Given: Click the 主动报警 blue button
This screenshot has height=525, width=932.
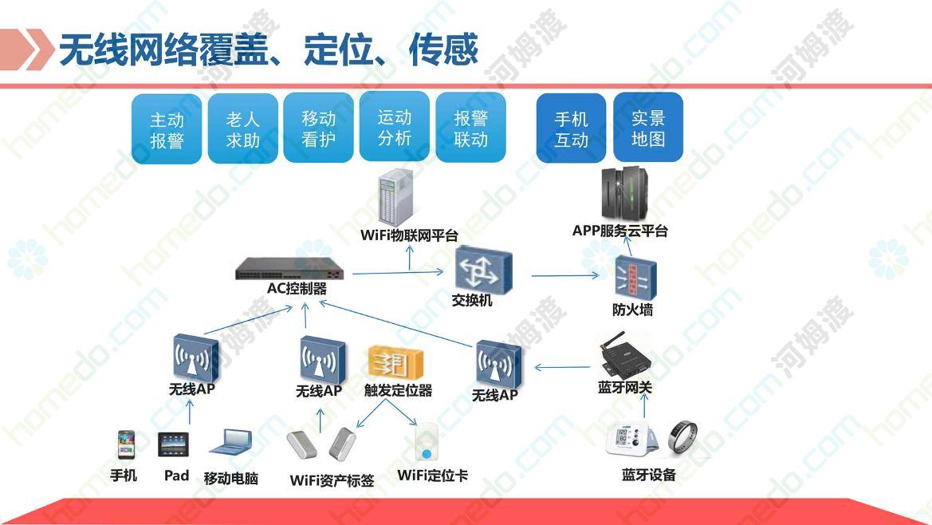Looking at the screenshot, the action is click(x=167, y=129).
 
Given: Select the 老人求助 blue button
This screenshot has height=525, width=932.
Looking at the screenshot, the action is click(x=242, y=128).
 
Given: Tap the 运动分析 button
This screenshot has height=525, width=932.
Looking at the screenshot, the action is click(x=394, y=127).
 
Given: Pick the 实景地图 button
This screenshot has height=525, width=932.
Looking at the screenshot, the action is click(x=648, y=127).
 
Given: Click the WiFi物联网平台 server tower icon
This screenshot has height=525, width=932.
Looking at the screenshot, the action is click(x=396, y=197).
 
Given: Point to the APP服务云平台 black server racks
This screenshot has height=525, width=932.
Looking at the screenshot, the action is click(x=624, y=193).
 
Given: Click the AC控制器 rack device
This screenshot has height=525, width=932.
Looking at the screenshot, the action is click(x=289, y=269).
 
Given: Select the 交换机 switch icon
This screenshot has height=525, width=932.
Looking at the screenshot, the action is click(x=483, y=270).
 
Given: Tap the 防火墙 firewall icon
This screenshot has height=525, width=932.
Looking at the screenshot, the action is click(x=635, y=278).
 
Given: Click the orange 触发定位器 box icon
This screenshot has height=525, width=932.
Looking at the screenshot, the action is click(x=395, y=362).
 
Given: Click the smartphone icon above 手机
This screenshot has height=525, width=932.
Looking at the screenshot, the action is click(x=126, y=445).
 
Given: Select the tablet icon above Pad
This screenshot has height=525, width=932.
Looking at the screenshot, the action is click(x=174, y=444).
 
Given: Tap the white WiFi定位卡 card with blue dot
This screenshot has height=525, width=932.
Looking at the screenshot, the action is click(x=426, y=444).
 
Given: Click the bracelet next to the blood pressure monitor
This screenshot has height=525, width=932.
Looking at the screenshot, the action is click(x=683, y=437).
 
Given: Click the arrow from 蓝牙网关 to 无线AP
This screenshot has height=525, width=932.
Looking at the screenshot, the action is click(x=563, y=368).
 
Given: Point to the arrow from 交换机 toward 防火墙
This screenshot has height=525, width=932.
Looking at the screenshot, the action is click(x=566, y=275).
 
